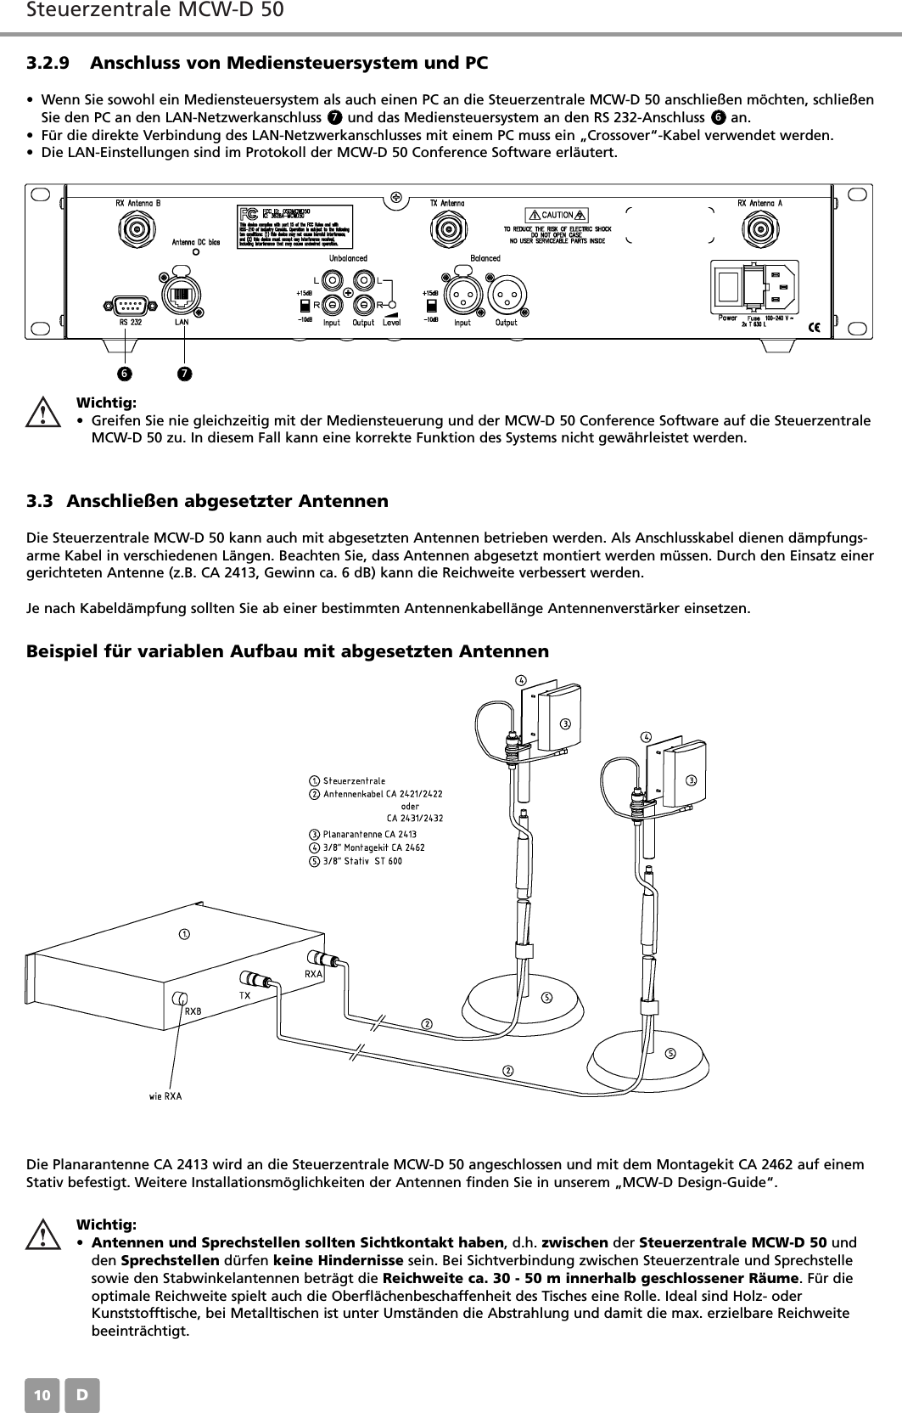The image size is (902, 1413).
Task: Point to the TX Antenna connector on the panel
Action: pos(446,228)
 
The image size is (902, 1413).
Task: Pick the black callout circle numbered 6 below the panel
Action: pos(126,373)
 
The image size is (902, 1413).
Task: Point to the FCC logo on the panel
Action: pos(250,211)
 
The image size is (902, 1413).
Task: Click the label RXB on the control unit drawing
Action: pos(193,1011)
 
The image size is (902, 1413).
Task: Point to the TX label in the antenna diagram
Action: pos(244,994)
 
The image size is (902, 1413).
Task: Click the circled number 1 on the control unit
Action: pos(182,935)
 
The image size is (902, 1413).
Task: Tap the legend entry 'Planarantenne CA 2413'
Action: pos(364,834)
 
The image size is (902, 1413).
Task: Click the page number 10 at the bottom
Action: pos(42,1395)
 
